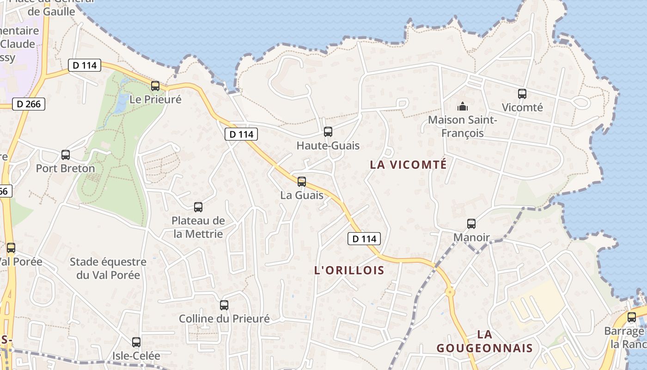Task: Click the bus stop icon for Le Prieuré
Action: pos(155,86)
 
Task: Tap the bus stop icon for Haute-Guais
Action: pos(328,132)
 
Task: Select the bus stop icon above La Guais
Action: pos(302,181)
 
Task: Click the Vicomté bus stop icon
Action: pos(522,94)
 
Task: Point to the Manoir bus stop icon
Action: pos(471,224)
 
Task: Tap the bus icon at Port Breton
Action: pos(66,155)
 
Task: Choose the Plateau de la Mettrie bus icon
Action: pos(198,207)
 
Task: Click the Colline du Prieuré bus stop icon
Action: pos(224,305)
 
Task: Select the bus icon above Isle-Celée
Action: pos(136,342)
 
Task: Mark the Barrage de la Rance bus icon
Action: pos(632,317)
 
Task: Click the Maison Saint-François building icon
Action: pos(462,107)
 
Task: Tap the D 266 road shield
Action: pos(28,104)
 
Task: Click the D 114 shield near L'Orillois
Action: pos(364,239)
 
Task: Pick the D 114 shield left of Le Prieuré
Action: pos(85,65)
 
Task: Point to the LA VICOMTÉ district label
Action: pos(409,165)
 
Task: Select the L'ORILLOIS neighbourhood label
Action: pos(349,270)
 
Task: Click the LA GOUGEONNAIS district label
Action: pos(484,341)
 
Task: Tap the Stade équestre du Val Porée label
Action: pos(108,268)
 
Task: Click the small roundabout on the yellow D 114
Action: pos(450,292)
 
